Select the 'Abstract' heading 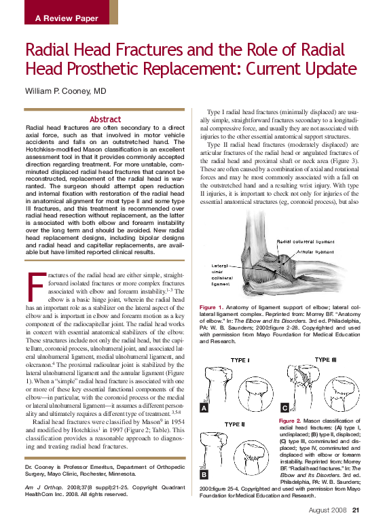(x=105, y=119)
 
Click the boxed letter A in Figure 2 (x=204, y=408)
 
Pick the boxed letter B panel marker (x=204, y=474)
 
